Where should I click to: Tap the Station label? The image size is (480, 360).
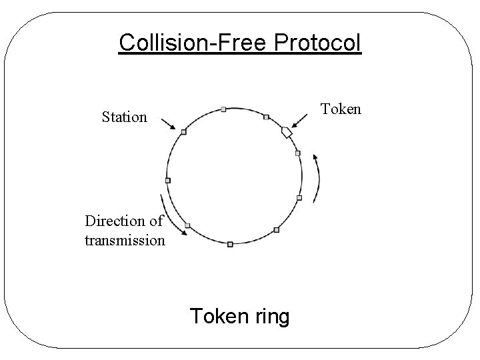coord(124,117)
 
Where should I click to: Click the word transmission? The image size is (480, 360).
coord(125,239)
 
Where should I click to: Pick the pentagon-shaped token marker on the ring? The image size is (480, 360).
coord(287,132)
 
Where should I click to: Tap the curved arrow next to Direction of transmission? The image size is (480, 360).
coord(173,217)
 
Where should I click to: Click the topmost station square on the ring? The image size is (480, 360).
coord(223,109)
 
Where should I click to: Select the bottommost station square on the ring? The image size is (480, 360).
coord(230,245)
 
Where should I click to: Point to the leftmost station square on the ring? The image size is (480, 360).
coord(167,180)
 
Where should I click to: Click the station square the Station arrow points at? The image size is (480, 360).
coord(183,132)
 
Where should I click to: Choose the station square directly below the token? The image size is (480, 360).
coord(297,153)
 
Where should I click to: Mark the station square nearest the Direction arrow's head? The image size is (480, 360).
coord(187,225)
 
